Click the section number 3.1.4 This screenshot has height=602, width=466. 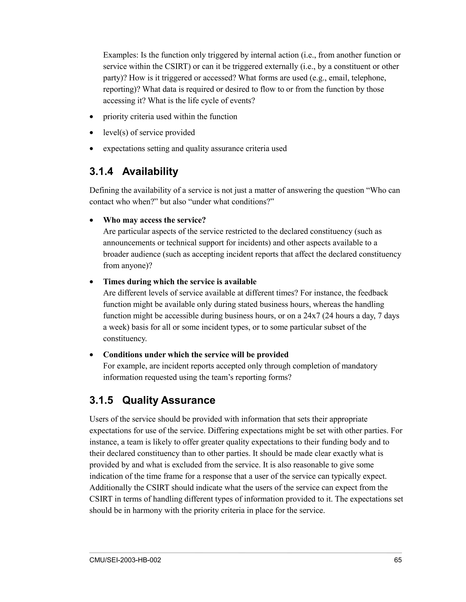tap(101, 172)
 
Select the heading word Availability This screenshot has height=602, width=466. tap(150, 172)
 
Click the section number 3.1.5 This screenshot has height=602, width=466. tap(101, 400)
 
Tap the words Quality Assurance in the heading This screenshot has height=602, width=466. tap(168, 400)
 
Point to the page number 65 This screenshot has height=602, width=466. tap(398, 560)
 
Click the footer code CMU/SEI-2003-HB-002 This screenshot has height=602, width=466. tap(125, 560)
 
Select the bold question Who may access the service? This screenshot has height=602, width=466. tap(154, 220)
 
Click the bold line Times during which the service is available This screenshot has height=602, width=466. tap(180, 281)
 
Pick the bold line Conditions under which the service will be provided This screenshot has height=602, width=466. tap(196, 354)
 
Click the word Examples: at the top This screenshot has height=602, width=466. tap(121, 55)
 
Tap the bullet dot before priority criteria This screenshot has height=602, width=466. tap(92, 117)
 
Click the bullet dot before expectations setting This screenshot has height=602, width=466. tap(92, 149)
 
